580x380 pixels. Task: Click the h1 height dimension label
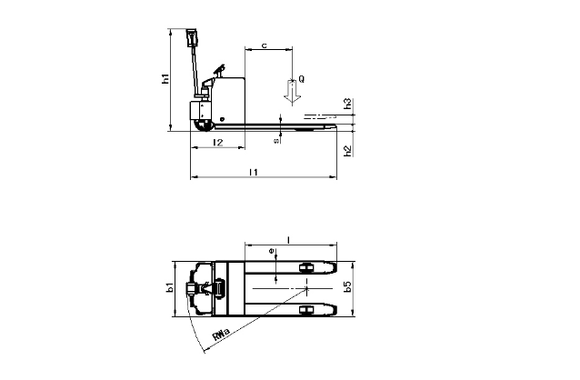coord(166,79)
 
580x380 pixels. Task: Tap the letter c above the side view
coord(265,45)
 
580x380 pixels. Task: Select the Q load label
coord(302,79)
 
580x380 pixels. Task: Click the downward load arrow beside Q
coord(292,92)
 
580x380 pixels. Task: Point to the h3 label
coord(347,104)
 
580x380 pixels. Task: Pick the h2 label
coord(347,151)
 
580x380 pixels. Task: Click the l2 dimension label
coord(218,143)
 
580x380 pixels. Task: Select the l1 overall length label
coord(254,172)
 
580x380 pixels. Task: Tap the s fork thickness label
coord(276,141)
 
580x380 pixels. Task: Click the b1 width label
coord(170,287)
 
